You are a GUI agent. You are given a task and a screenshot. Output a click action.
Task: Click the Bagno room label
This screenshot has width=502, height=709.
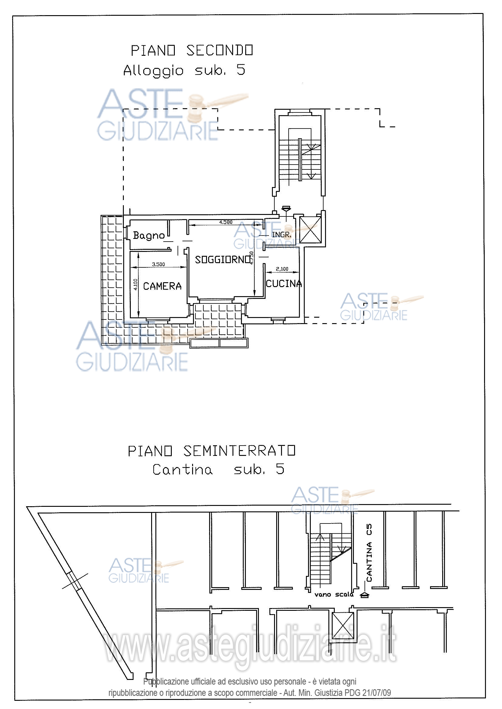click(149, 236)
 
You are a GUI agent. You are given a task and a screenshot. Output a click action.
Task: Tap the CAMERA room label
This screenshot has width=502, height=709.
click(162, 286)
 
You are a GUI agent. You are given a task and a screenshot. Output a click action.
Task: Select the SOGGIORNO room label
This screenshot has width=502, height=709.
click(222, 259)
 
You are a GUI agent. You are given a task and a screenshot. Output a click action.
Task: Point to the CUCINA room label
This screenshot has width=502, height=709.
click(284, 283)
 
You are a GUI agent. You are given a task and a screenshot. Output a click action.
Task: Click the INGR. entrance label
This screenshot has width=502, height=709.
click(282, 235)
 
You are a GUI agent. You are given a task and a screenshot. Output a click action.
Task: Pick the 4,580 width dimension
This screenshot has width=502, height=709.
click(226, 222)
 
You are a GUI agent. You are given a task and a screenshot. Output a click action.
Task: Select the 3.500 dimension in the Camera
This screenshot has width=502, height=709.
click(158, 264)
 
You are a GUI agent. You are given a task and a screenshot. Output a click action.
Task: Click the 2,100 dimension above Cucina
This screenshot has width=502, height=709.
click(282, 269)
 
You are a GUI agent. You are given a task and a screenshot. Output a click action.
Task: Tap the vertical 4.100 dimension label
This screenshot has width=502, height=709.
click(135, 284)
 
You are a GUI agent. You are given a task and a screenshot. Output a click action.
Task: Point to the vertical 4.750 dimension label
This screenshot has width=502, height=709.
click(251, 258)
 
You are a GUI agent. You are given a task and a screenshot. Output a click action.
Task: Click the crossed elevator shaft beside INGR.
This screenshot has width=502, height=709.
click(310, 230)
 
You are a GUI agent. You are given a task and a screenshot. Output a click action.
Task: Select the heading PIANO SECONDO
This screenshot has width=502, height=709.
click(192, 50)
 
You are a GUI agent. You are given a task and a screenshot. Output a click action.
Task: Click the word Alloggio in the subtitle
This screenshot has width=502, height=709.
click(154, 71)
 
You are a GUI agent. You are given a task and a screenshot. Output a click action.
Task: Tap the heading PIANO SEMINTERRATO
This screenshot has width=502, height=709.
click(212, 451)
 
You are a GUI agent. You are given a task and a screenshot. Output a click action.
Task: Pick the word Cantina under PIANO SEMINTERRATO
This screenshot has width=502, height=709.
click(182, 470)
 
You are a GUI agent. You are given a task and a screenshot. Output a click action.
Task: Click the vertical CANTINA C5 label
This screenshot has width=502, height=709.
click(369, 553)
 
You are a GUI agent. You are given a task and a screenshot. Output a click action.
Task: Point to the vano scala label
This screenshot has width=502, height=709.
click(334, 594)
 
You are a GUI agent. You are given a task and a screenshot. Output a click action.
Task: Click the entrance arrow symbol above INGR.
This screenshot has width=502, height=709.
click(286, 209)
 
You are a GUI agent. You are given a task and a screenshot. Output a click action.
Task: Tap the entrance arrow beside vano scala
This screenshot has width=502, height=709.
click(365, 595)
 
